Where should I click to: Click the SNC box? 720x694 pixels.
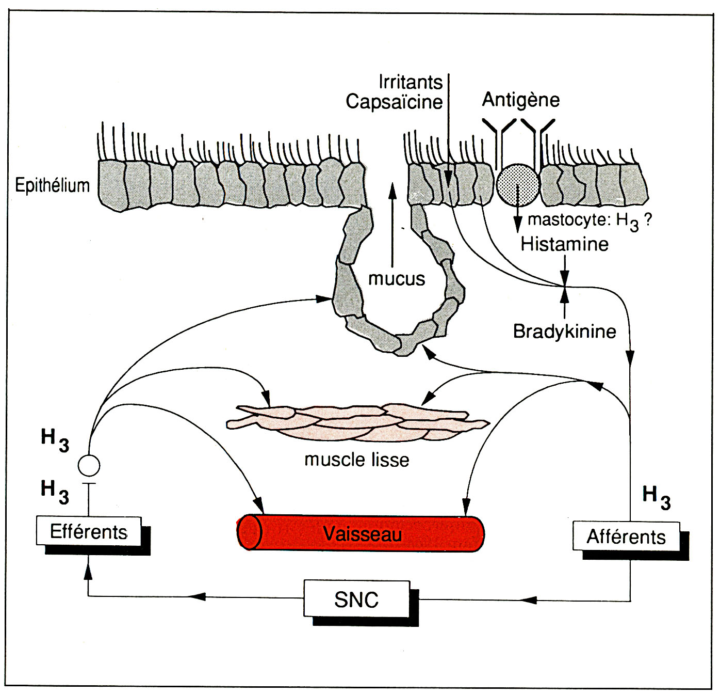[356, 599]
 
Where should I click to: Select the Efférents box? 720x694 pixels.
[89, 531]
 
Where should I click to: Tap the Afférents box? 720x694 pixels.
[626, 537]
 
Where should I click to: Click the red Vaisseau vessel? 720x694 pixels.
[361, 533]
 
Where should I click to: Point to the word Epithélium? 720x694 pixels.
[52, 185]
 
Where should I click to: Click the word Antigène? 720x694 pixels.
[521, 100]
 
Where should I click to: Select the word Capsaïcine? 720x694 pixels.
[394, 102]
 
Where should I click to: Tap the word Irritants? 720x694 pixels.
[411, 82]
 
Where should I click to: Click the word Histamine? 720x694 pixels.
[564, 244]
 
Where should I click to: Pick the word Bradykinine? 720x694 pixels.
[564, 331]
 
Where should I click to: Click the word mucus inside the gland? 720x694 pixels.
[396, 279]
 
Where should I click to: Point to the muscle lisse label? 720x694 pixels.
[356, 460]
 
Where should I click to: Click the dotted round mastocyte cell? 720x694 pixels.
[518, 185]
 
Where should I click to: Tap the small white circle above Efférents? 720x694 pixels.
[89, 466]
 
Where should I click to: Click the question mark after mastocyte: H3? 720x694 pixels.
[648, 219]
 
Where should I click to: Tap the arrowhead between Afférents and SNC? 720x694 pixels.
[529, 600]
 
